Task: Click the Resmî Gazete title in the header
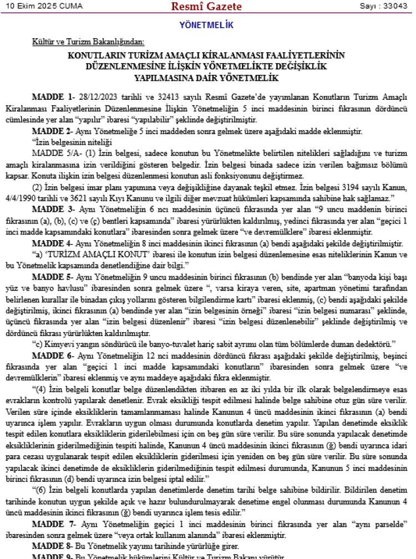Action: (207, 7)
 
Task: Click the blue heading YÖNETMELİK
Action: (206, 26)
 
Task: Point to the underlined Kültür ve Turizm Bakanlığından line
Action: (88, 42)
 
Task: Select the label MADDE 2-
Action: (53, 131)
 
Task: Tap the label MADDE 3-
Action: (53, 210)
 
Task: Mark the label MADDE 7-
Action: (53, 524)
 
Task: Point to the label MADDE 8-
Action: (53, 545)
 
